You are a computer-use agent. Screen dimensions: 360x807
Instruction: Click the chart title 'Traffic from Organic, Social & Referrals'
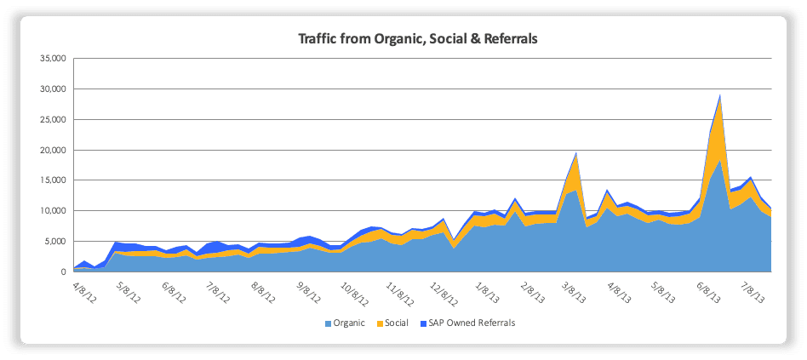click(417, 38)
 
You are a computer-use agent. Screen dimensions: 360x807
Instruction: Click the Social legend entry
click(397, 323)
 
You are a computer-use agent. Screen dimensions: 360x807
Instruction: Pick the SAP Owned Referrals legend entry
click(472, 323)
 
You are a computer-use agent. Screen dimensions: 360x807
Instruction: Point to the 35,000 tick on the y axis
click(53, 59)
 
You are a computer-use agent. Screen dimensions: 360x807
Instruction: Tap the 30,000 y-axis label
click(53, 89)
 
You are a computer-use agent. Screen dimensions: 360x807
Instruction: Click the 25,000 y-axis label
click(53, 120)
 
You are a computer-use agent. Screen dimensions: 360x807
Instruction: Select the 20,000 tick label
click(53, 151)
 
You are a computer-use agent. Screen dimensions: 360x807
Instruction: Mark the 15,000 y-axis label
click(53, 180)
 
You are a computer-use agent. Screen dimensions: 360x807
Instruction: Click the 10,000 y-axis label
click(53, 211)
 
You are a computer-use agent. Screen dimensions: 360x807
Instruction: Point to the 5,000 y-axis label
click(55, 242)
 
